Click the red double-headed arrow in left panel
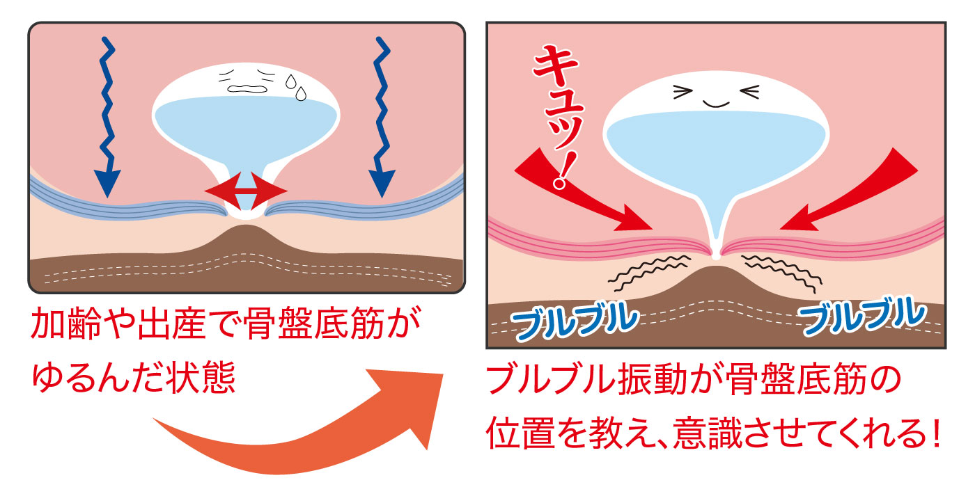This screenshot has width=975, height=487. [x=245, y=189]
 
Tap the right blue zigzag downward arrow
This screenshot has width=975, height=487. [x=382, y=118]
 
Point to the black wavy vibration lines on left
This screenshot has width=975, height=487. [x=648, y=271]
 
